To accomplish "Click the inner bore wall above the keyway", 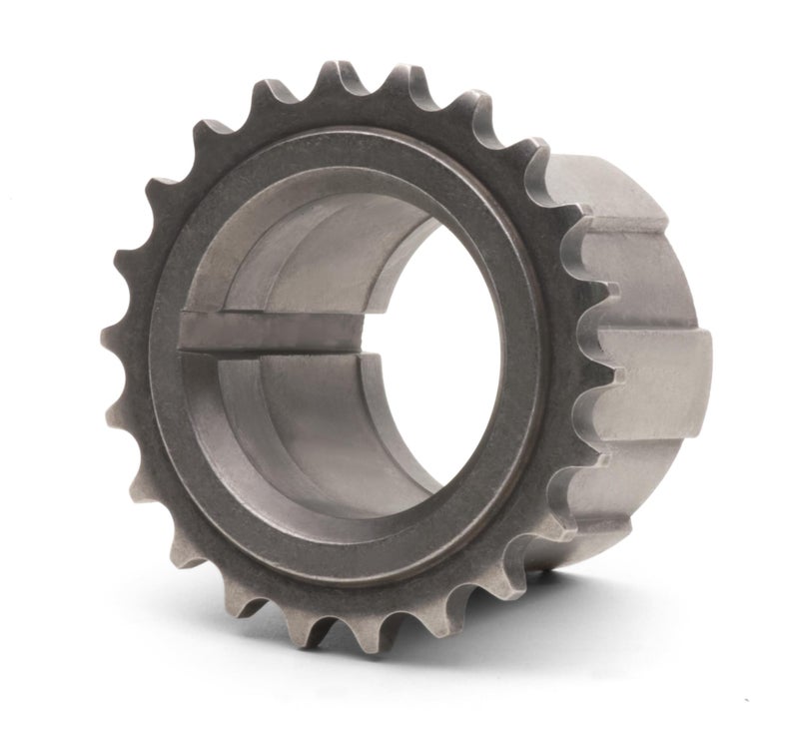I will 300,260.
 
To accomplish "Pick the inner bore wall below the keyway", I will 300,419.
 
